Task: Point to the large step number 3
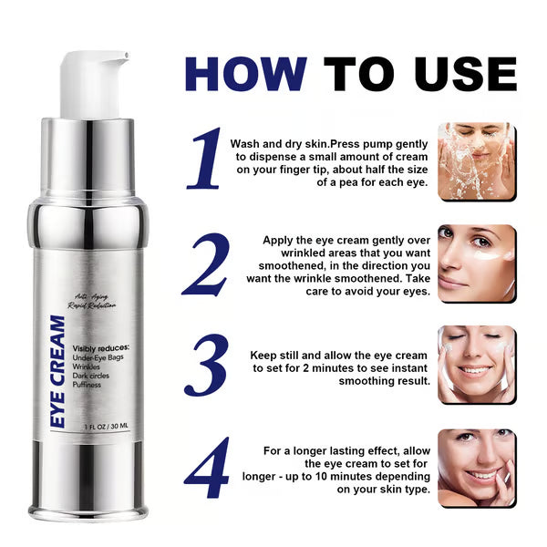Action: coord(206,367)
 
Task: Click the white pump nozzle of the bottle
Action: coord(91,82)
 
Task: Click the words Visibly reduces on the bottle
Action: coord(101,348)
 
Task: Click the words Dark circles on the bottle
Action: coord(94,376)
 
